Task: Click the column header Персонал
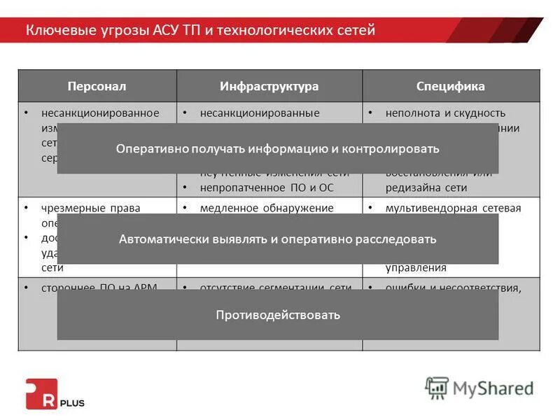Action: [97, 86]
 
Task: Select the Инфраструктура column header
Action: [269, 86]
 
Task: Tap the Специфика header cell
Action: [451, 86]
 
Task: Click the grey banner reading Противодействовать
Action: [278, 315]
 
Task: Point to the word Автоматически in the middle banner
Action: [158, 239]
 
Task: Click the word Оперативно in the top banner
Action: [149, 148]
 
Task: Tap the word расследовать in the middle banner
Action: [395, 239]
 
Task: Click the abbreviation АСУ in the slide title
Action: [167, 30]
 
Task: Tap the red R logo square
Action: [40, 393]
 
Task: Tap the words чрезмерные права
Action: [90, 208]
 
